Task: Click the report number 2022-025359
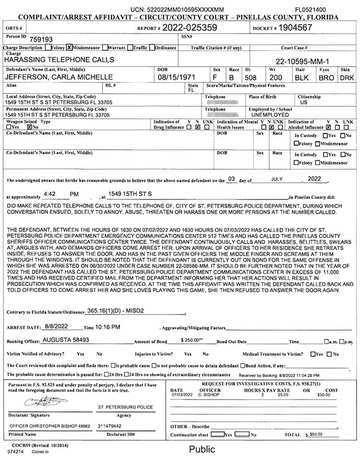(x=193, y=28)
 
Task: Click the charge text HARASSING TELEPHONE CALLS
(x=59, y=60)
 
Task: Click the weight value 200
(x=275, y=77)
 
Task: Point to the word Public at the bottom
(x=202, y=449)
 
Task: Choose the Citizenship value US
(x=303, y=102)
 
